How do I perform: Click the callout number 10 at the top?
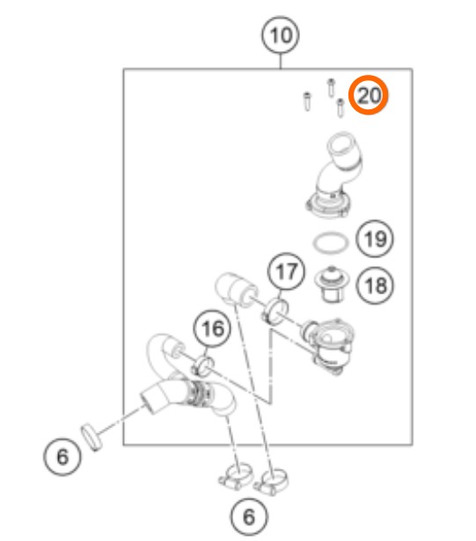pos(281,35)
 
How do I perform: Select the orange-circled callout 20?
pos(369,95)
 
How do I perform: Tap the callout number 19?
pos(375,239)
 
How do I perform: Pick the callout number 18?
pos(375,285)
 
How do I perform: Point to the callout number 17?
pos(287,271)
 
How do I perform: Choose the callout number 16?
pos(212,328)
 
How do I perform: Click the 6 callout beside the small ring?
pos(62,456)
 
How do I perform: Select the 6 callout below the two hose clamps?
pos(249,516)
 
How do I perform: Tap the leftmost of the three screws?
pos(306,101)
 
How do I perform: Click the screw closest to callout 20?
pos(341,107)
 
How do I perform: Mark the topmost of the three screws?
pos(331,87)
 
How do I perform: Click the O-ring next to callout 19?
pos(331,243)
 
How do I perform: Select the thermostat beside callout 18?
pos(332,284)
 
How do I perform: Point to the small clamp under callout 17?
pos(275,312)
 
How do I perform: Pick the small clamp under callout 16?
pos(203,367)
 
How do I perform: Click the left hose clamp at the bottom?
pos(236,475)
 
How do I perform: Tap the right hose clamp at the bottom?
pos(271,481)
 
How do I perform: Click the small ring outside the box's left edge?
pos(92,437)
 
